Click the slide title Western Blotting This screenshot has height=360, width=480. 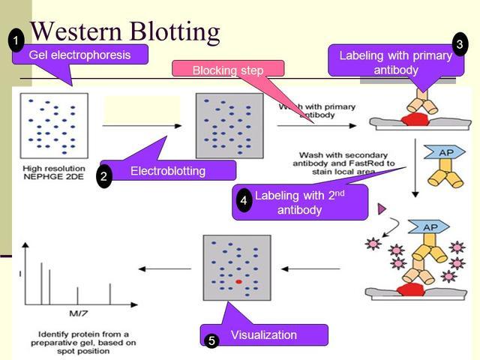[x=124, y=31]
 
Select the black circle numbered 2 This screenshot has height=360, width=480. [x=104, y=177]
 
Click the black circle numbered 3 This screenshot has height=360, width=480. [x=459, y=44]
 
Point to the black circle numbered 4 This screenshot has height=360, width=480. [x=243, y=201]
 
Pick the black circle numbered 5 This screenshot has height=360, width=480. [x=211, y=341]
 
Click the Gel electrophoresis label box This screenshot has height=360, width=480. [x=79, y=55]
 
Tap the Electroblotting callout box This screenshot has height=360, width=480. [x=168, y=171]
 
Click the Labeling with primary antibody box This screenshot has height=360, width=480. [x=395, y=62]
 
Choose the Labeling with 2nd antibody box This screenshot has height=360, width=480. [x=300, y=202]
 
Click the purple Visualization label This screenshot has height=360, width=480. [x=263, y=334]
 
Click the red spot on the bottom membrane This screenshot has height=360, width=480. [x=238, y=281]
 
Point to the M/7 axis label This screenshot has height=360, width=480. [x=76, y=313]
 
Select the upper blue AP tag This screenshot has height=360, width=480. [x=424, y=152]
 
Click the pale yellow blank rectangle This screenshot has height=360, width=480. [x=142, y=108]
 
